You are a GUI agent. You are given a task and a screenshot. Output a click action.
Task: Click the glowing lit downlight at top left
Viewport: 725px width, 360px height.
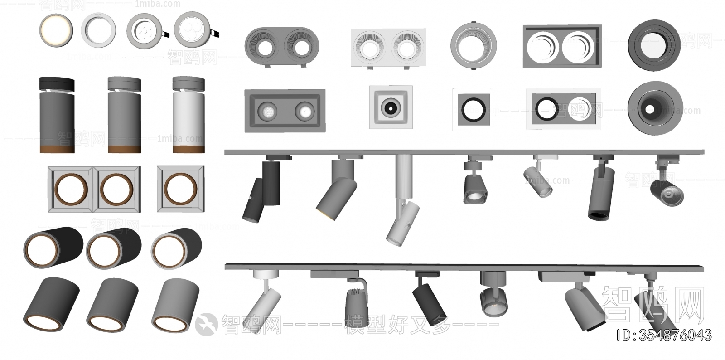pos(56,30)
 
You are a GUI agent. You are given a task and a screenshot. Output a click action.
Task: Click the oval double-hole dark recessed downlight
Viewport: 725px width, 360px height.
pos(282,46)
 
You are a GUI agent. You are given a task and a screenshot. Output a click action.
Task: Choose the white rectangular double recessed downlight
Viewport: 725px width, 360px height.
pos(389,48)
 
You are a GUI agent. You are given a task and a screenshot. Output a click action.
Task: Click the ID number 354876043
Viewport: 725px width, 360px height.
pos(664,335)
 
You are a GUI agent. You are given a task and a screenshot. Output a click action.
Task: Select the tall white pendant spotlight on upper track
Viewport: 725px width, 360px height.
pos(401,199)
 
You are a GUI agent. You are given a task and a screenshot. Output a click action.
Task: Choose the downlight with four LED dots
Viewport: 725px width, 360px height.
pos(144,30)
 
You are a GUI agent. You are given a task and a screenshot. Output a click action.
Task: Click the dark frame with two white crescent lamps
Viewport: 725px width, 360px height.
pos(562,47)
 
